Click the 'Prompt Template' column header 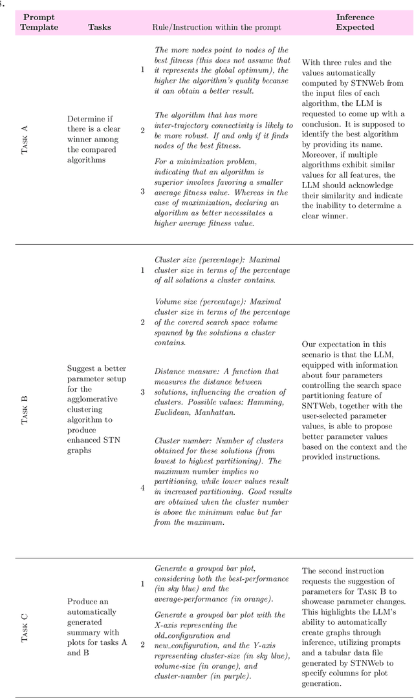pos(39,22)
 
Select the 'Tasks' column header pos(100,27)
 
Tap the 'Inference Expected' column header pos(355,22)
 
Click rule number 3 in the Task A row pos(143,191)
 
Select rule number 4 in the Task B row pos(143,488)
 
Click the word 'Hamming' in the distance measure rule pos(260,402)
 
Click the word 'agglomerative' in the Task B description pos(94,399)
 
